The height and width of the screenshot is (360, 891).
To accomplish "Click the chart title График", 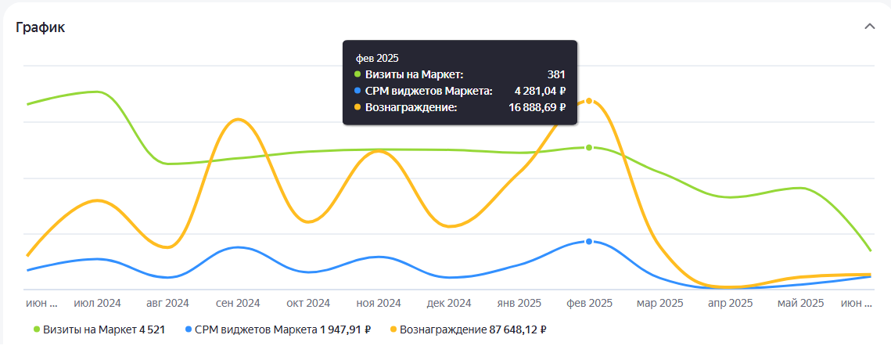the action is pyautogui.click(x=41, y=27).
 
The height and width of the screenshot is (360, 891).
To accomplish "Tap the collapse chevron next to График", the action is pyautogui.click(x=869, y=27).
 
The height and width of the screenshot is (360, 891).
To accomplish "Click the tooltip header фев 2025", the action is pyautogui.click(x=377, y=58).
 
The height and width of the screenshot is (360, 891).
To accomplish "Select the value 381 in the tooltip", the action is pyautogui.click(x=556, y=74).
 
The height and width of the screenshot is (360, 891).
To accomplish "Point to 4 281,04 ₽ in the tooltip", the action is pyautogui.click(x=541, y=91).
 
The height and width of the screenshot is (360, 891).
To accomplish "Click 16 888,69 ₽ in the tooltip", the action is pyautogui.click(x=537, y=107).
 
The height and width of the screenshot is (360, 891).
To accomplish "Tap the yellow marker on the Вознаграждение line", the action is pyautogui.click(x=589, y=101).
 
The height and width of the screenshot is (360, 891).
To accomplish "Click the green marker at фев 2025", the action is pyautogui.click(x=589, y=147).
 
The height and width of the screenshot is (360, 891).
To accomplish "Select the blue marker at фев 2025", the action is pyautogui.click(x=589, y=242).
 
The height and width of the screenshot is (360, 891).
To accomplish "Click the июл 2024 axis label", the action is pyautogui.click(x=97, y=304).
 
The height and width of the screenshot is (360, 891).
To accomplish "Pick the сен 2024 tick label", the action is pyautogui.click(x=238, y=304).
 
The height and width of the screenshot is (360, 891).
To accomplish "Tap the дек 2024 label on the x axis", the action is pyautogui.click(x=449, y=304).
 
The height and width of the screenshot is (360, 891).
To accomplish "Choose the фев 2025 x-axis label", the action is pyautogui.click(x=589, y=304).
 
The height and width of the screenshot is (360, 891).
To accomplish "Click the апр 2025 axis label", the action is pyautogui.click(x=730, y=304).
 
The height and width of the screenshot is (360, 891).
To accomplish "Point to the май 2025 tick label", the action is pyautogui.click(x=801, y=304).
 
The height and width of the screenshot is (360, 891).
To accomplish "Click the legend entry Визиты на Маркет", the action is pyautogui.click(x=99, y=329).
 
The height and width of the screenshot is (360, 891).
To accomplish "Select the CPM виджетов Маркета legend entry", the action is pyautogui.click(x=278, y=329).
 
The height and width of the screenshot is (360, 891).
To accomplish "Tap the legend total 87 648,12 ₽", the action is pyautogui.click(x=518, y=329).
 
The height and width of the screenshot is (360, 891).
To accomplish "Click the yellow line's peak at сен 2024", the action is pyautogui.click(x=238, y=120).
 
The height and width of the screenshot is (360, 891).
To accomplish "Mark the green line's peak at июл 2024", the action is pyautogui.click(x=97, y=92).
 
